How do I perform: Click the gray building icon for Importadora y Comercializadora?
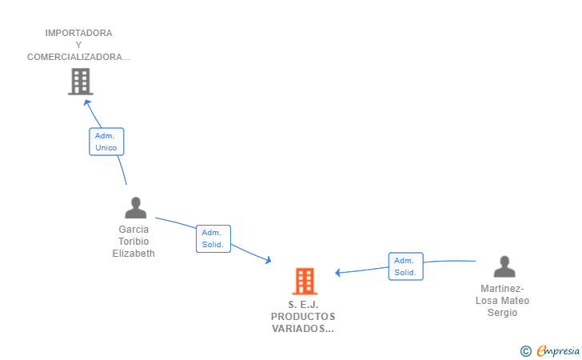[x=81, y=82]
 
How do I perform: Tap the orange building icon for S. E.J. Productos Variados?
[x=305, y=282]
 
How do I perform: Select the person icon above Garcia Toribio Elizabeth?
[x=135, y=208]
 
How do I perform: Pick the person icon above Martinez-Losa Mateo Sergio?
[x=504, y=266]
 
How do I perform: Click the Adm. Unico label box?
[x=106, y=142]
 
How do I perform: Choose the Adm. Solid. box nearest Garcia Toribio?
[x=213, y=238]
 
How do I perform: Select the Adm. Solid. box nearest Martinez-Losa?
[x=405, y=266]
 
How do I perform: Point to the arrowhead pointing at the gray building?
[x=87, y=103]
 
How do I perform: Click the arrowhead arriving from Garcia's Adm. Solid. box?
[x=268, y=260]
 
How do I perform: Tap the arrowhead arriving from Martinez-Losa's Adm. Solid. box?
[x=337, y=273]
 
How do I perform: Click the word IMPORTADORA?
[x=78, y=33]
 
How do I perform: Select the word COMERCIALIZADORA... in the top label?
[x=78, y=57]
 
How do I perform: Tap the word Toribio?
[x=134, y=242]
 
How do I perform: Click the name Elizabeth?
[x=134, y=254]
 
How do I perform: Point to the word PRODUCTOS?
[x=303, y=317]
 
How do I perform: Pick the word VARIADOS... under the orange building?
[x=303, y=329]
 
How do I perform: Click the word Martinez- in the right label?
[x=502, y=289]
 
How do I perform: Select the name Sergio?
[x=502, y=313]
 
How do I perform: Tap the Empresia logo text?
[x=558, y=350]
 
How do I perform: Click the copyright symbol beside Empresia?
[x=526, y=351]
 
